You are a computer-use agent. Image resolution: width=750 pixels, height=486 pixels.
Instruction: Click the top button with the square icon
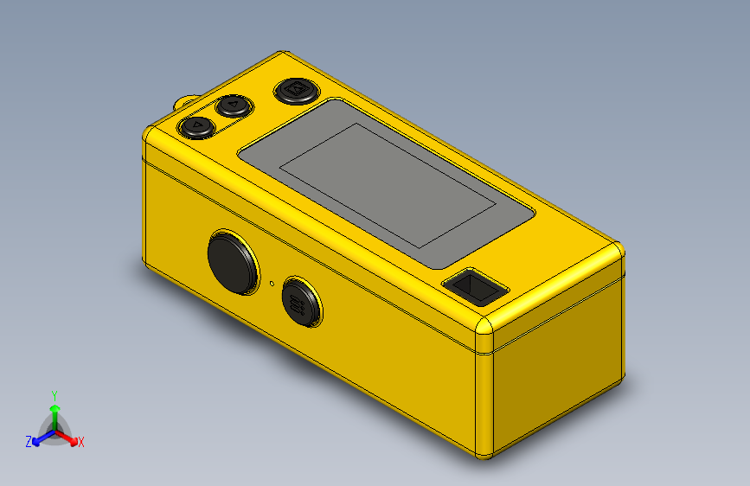tap(297, 91)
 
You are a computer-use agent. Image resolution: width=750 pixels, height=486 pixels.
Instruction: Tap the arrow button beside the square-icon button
tap(234, 106)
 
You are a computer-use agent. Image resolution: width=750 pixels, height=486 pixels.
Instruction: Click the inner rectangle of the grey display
tap(388, 186)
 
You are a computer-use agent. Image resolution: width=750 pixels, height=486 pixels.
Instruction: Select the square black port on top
tap(476, 286)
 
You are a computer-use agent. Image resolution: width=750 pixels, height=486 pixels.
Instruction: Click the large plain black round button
tap(233, 262)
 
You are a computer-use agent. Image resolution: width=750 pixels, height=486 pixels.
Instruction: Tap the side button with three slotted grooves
tap(301, 301)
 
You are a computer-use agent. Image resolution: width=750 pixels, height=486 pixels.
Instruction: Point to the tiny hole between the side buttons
tap(272, 283)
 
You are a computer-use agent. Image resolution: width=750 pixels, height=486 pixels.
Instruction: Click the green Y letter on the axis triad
tap(54, 396)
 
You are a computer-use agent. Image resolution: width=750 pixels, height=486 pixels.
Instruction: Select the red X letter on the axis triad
tap(80, 442)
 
